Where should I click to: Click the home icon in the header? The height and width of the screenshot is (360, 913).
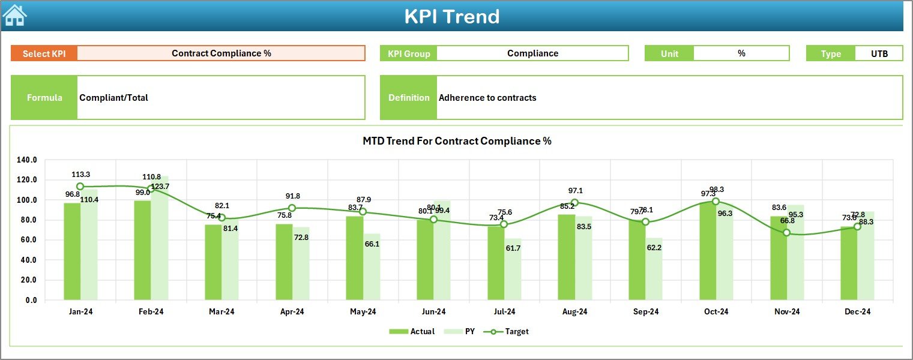[x=14, y=16]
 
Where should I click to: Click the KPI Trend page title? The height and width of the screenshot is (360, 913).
[x=451, y=16]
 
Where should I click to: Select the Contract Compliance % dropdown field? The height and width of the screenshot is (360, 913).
[x=221, y=53]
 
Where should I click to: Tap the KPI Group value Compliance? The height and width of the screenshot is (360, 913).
[x=532, y=53]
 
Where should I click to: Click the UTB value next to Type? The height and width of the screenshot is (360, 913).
[x=879, y=53]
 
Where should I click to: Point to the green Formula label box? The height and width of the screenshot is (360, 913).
[x=44, y=98]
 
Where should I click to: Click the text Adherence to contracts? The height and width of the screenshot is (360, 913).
[x=487, y=98]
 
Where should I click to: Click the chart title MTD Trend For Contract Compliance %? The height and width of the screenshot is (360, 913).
[x=457, y=141]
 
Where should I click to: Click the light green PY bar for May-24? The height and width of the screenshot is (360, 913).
[x=372, y=266]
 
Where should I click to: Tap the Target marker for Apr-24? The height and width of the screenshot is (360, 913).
[x=292, y=208]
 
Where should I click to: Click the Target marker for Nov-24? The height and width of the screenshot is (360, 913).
[x=786, y=233]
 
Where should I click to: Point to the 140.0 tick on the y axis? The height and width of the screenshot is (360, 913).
[x=27, y=160]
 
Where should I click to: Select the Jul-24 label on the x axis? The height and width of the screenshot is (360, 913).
[x=504, y=311]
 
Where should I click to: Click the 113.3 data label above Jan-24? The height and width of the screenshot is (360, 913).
[x=80, y=175]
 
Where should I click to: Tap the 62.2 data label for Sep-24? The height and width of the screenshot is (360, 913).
[x=654, y=248]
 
